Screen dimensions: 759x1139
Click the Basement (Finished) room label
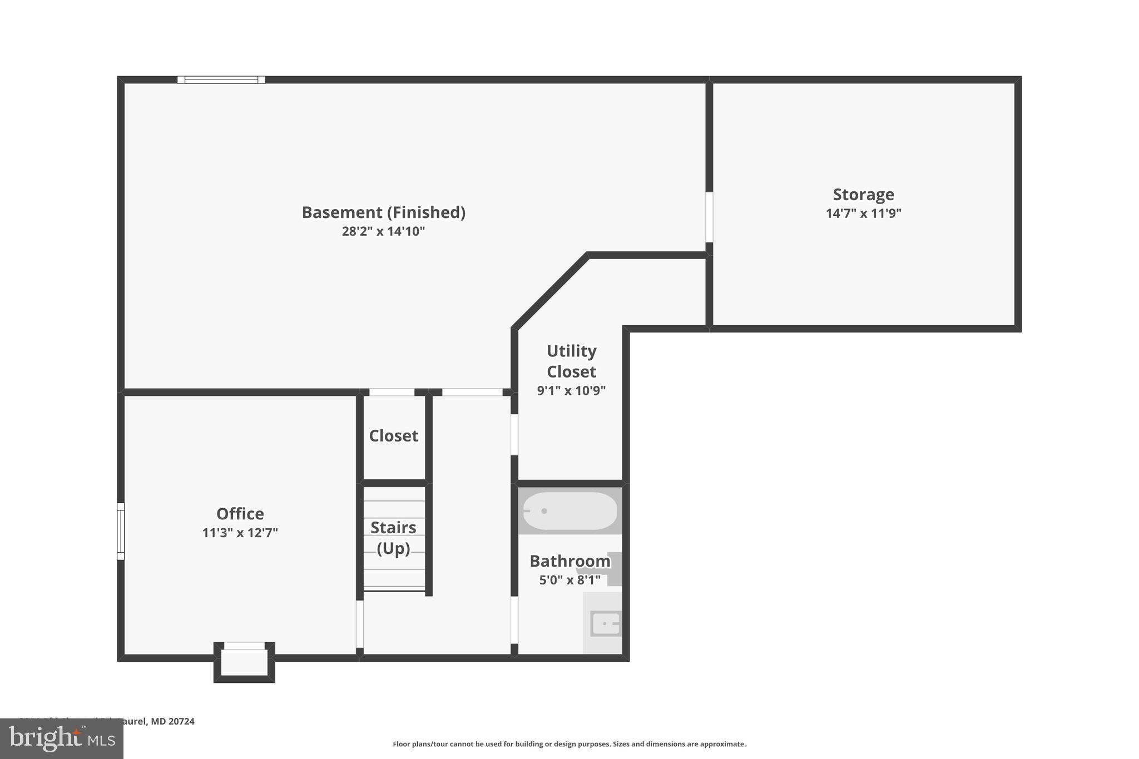383,212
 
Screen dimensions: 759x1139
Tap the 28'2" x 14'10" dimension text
383,231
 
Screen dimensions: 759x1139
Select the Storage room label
863,195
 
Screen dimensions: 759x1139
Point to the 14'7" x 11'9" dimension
863,214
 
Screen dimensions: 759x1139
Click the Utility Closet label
571,361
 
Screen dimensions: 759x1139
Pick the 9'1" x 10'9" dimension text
571,391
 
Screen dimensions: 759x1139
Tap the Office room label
240,514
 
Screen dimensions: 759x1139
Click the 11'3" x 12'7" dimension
240,533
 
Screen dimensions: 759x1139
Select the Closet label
393,436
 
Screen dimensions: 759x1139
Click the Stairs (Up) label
393,538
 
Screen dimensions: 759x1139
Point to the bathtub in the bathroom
570,510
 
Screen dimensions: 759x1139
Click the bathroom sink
605,623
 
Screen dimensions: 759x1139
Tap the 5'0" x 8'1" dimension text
569,581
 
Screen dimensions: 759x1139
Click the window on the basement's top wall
221,80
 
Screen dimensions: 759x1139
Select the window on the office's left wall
121,531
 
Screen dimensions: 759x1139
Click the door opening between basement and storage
709,217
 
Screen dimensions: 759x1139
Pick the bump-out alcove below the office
244,663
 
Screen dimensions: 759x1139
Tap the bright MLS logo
61,738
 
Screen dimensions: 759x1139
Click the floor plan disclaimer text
569,744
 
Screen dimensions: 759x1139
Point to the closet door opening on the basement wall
392,392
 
